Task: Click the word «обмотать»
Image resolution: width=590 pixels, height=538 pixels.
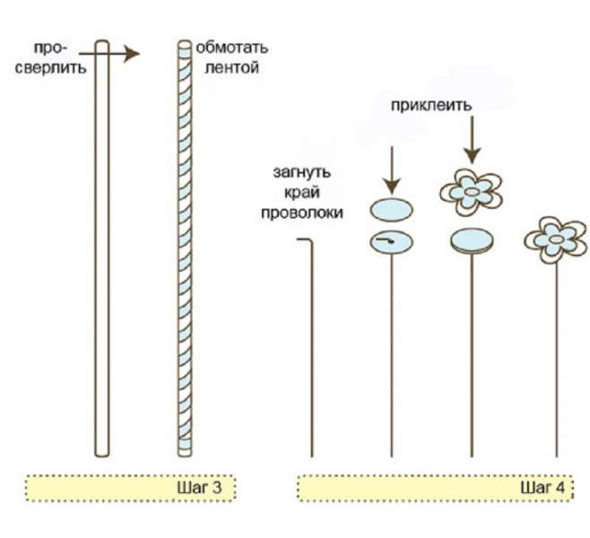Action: [232, 48]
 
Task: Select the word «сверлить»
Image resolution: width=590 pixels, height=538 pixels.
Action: [51, 68]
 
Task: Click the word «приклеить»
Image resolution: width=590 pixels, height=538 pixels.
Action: [430, 105]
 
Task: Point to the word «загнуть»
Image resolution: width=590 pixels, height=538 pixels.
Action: [302, 173]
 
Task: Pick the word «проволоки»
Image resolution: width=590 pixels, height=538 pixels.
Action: [302, 213]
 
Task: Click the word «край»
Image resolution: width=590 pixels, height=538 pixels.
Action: [302, 193]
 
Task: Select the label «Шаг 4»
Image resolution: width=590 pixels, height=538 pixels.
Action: [542, 488]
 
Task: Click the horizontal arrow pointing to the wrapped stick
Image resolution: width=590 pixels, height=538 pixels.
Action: [109, 54]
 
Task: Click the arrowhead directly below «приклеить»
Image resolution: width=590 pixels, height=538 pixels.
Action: [472, 155]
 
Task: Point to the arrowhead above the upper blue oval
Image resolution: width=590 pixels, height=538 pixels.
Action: [392, 186]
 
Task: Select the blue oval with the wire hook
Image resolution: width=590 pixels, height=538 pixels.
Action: [392, 242]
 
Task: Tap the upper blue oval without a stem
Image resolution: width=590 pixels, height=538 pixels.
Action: [392, 210]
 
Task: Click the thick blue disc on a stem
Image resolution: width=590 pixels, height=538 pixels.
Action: [472, 241]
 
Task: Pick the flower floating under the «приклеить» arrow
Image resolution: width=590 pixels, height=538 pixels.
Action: [471, 192]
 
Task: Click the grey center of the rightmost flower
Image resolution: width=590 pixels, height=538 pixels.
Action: [555, 239]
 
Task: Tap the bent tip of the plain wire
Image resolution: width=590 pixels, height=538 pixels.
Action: [298, 239]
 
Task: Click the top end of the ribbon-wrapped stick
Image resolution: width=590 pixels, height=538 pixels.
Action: [185, 41]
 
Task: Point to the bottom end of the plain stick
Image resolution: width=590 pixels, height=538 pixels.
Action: [102, 456]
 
